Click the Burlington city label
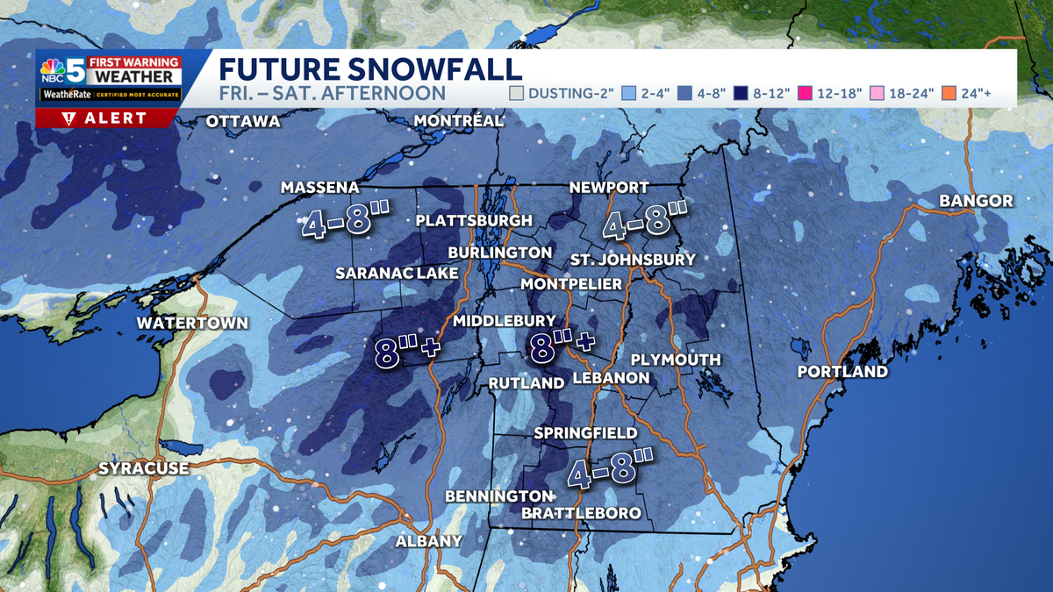coord(499,253)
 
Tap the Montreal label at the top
coord(458,120)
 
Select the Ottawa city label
coord(242,122)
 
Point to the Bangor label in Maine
coord(976,201)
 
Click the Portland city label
coord(842,372)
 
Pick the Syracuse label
coord(143,468)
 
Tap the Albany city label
coord(428,541)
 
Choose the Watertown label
coord(192,323)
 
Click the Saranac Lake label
coord(397,274)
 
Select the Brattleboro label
coord(581,513)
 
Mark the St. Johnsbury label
coord(632,260)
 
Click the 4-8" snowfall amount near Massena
coord(345,223)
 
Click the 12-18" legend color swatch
coord(777,93)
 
